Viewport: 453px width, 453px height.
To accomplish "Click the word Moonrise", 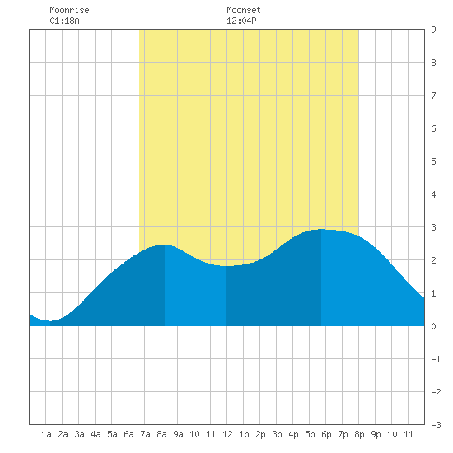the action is (69, 10).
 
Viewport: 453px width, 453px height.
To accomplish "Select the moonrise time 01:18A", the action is (64, 21).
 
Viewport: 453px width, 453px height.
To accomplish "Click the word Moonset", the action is (244, 10).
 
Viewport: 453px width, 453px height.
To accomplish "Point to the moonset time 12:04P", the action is (241, 21).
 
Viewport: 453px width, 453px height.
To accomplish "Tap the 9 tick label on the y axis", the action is (433, 30).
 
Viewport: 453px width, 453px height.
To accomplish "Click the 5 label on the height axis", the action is (433, 161).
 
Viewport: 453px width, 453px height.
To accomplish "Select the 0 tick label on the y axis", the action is (433, 326).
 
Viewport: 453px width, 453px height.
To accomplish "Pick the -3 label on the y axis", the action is (436, 425).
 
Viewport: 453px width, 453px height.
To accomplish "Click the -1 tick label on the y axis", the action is (436, 359).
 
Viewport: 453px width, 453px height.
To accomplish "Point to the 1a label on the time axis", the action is (46, 434).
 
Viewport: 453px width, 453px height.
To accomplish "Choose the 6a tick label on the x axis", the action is (128, 434).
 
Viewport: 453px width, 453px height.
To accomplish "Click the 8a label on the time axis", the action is (161, 434).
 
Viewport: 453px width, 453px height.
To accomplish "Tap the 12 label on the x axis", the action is (227, 434).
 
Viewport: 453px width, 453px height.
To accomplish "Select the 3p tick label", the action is (277, 434).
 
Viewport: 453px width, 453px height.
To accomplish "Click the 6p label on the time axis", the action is (326, 434).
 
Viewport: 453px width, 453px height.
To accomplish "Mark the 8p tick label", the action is (359, 434).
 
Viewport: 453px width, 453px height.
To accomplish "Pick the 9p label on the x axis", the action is (376, 434).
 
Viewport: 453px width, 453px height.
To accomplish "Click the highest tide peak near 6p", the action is (321, 229).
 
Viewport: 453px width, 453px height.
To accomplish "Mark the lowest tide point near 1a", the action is (50, 320).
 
